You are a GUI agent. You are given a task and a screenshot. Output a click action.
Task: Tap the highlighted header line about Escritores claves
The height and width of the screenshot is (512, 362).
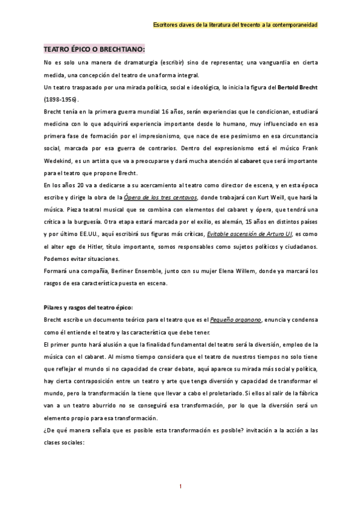tap(236, 24)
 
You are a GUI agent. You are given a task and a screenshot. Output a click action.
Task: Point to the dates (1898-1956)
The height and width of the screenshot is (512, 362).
tap(62, 100)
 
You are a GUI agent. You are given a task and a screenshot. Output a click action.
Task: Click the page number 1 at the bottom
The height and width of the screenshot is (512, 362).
tap(181, 486)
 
